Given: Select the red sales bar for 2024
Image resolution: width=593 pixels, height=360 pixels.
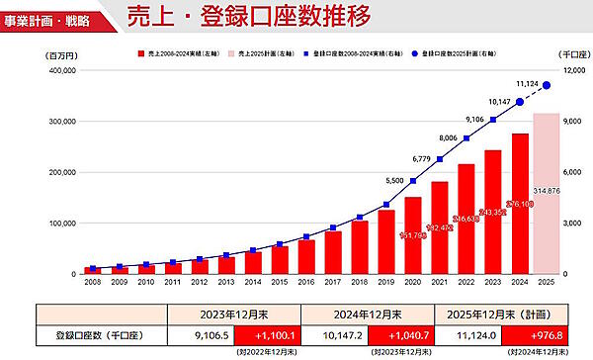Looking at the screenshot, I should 519,203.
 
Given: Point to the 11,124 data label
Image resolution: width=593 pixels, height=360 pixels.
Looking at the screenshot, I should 527,85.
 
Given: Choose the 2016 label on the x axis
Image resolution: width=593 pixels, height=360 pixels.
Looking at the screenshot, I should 305,282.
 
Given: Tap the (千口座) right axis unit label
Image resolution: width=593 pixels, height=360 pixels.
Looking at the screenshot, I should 571,55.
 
